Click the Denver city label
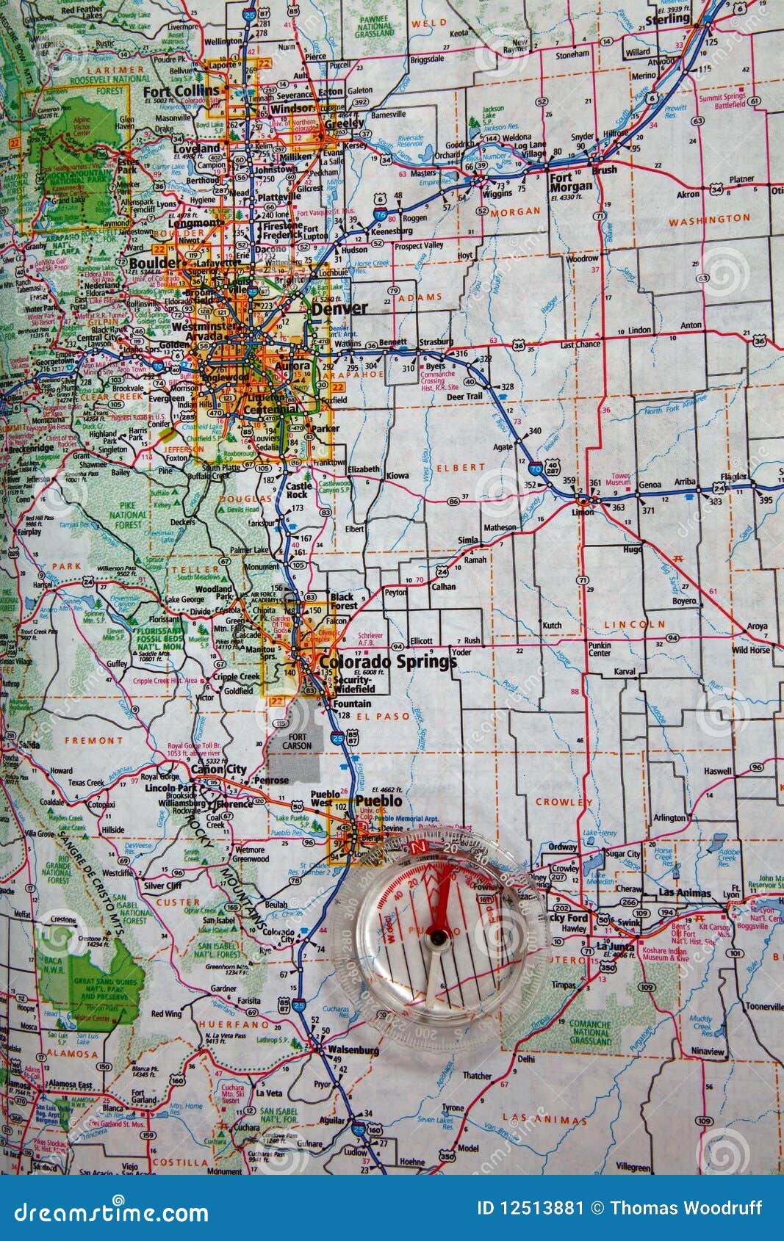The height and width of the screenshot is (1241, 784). pos(339,308)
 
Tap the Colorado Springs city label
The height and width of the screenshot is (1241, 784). pos(387,662)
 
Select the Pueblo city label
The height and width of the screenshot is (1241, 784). pos(378,800)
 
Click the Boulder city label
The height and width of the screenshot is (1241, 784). pos(154,262)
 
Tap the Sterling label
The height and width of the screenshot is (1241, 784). pos(667,19)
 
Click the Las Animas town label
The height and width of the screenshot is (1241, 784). pos(685,893)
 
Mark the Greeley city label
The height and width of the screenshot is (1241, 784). pos(344,123)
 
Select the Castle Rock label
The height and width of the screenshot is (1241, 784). pos(299,490)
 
